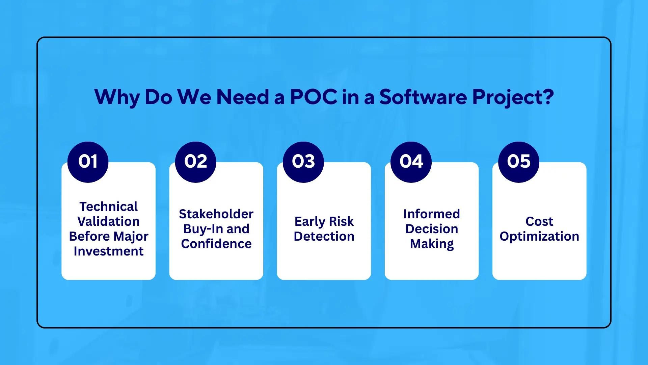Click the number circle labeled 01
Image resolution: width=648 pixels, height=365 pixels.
(88, 162)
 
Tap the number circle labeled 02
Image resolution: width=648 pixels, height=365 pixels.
(195, 162)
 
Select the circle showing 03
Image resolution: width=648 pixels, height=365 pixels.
(303, 162)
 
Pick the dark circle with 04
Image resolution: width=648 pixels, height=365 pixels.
(411, 162)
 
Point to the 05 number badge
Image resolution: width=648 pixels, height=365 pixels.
(518, 162)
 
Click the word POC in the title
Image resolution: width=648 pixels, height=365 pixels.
(313, 97)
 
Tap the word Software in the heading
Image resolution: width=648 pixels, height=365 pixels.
(423, 97)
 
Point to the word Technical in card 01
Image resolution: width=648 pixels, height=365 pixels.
(108, 206)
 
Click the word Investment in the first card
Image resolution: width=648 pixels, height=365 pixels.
(108, 251)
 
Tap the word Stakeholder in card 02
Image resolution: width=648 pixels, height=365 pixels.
(216, 214)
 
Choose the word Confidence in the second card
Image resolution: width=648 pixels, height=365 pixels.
(216, 244)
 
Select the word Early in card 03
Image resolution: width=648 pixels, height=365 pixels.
(309, 222)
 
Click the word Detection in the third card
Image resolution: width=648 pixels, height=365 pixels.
(324, 236)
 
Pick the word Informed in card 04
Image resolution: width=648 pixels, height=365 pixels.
(431, 214)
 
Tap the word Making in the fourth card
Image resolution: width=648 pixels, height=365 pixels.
(431, 244)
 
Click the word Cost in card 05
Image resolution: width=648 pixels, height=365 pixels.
(539, 221)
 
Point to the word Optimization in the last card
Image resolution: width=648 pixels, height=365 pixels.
(539, 237)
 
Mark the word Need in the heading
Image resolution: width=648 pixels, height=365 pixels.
(242, 97)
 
